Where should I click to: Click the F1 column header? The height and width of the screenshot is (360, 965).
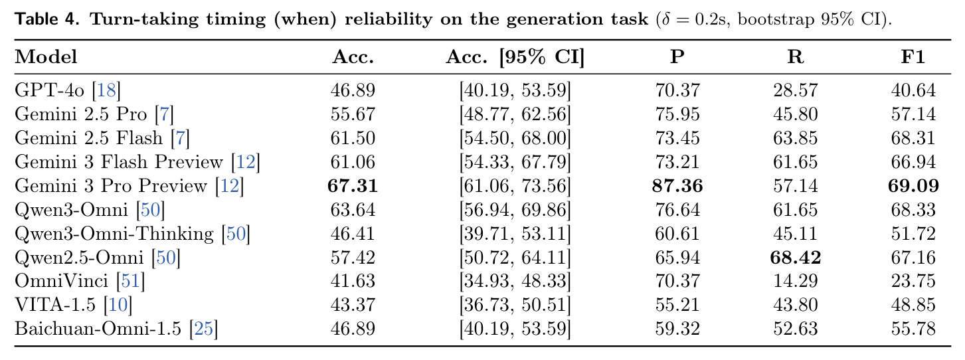pyautogui.click(x=913, y=56)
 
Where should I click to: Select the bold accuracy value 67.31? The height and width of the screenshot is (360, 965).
pyautogui.click(x=353, y=185)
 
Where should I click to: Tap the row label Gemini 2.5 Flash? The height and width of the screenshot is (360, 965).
pyautogui.click(x=88, y=137)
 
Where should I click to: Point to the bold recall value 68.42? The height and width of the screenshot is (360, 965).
pyautogui.click(x=795, y=257)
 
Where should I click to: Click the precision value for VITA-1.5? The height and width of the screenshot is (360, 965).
pyautogui.click(x=677, y=304)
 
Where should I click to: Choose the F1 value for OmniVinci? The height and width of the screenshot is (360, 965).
pyautogui.click(x=913, y=281)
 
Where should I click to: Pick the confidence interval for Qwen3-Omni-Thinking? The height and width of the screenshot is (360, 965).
pyautogui.click(x=515, y=233)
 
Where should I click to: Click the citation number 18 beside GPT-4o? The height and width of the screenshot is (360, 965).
pyautogui.click(x=106, y=90)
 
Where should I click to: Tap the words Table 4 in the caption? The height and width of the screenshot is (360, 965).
pyautogui.click(x=47, y=19)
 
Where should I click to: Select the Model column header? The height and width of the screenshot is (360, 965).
pyautogui.click(x=46, y=56)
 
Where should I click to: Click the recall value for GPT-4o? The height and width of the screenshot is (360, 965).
pyautogui.click(x=795, y=90)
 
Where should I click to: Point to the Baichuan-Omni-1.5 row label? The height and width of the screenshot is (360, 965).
pyautogui.click(x=98, y=329)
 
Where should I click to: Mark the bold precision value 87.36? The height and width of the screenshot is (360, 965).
pyautogui.click(x=677, y=185)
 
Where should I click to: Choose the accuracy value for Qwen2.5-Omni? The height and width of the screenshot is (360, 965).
pyautogui.click(x=353, y=257)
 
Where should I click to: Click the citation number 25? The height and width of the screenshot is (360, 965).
pyautogui.click(x=204, y=329)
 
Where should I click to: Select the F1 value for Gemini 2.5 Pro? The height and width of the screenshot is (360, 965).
pyautogui.click(x=913, y=114)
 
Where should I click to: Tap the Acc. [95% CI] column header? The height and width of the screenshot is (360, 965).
pyautogui.click(x=515, y=56)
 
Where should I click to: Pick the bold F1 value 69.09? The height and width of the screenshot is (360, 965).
pyautogui.click(x=913, y=185)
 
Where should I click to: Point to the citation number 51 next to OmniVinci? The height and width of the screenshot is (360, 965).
pyautogui.click(x=130, y=281)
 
